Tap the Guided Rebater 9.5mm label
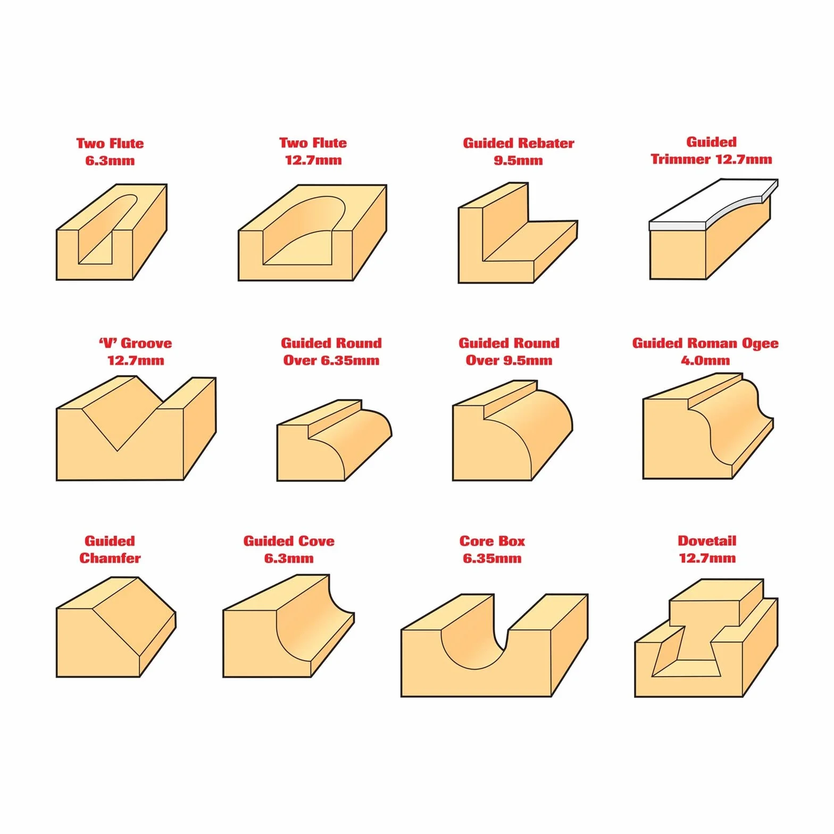click(x=518, y=152)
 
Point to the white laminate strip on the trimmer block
click(x=713, y=205)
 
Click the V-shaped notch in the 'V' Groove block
click(x=118, y=420)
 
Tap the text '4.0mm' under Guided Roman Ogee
click(x=705, y=361)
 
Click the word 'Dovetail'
click(x=707, y=541)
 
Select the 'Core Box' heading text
click(x=492, y=541)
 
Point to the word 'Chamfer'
click(x=110, y=558)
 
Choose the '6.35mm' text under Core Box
click(x=492, y=558)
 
